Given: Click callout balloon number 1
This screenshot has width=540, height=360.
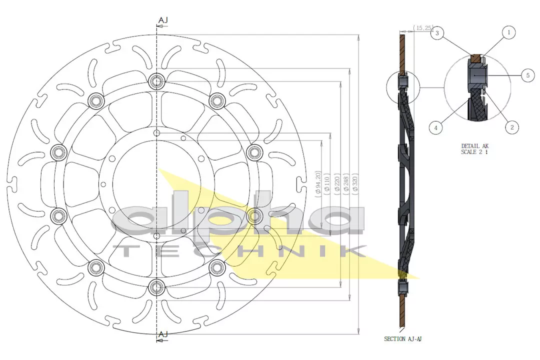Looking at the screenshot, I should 508,33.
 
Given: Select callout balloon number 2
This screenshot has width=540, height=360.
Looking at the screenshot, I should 511,127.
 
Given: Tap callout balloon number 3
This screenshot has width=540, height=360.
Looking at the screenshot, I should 437,33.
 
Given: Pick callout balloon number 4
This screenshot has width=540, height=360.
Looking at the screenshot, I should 436,128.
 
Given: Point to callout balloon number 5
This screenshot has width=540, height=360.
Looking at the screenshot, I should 527,75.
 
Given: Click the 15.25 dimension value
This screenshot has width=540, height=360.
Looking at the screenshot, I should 423,28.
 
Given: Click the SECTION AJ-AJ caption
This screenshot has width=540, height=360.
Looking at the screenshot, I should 403,339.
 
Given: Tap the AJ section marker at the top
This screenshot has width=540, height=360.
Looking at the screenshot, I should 163,20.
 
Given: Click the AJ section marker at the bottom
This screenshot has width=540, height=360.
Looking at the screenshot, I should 163,334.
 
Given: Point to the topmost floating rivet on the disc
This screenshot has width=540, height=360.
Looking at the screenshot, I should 157,80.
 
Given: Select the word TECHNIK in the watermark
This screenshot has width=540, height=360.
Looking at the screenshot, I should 240,251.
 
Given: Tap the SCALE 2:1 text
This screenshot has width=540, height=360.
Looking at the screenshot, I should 474,152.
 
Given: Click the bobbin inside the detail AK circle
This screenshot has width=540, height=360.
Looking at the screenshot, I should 477,75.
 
